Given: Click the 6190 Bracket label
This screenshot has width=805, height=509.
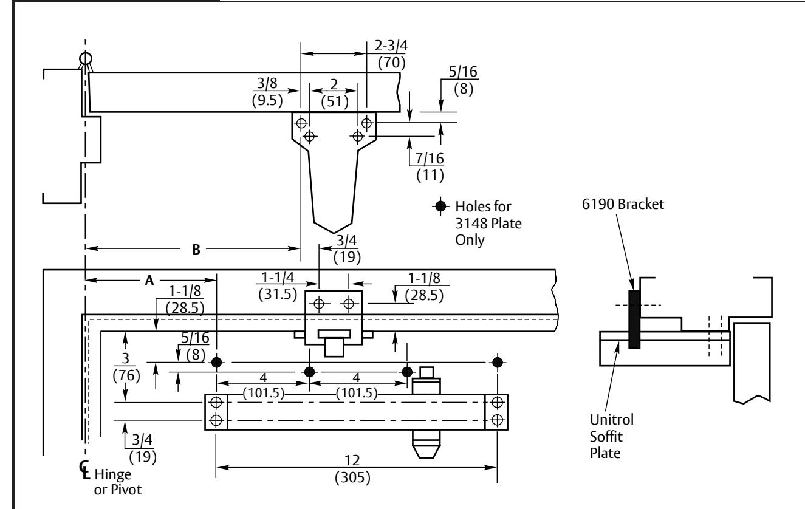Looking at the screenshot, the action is pos(623,204).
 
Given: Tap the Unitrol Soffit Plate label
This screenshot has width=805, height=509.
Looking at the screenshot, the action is pos(611,436).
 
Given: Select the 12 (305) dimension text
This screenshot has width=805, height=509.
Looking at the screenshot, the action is pos(352,469).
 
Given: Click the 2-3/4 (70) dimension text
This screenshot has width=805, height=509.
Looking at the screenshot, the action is pos(391,54).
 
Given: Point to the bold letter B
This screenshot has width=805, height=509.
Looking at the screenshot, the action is pos(196,249).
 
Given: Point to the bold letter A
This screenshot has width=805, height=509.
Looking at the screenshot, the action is pos(149,281).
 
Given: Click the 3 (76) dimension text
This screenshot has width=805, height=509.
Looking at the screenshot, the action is pos(126,367).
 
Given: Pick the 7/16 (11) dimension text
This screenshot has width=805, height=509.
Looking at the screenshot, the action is pos(430,166).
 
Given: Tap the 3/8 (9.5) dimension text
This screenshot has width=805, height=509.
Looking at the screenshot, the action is pos(267,92).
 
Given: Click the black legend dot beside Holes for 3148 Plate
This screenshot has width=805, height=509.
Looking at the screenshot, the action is pos(440,206).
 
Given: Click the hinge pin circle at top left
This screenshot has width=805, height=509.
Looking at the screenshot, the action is pos(86,58).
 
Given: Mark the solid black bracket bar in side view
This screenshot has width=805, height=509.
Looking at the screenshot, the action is pos(634,319).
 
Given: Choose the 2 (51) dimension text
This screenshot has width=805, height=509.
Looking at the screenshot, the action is pos(335,93).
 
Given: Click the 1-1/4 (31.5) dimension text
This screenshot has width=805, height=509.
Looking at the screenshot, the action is pos(278,286).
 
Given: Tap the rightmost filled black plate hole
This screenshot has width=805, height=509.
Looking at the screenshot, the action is pos(498,362).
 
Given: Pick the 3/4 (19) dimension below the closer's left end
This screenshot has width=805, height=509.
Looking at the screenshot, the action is pos(142,448).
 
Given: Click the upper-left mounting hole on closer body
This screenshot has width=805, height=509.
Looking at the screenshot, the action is pos(216,402).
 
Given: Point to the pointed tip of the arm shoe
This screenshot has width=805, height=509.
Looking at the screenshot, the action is pos(333,233).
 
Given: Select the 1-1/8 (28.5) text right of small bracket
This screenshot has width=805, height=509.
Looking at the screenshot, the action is pos(424,286).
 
